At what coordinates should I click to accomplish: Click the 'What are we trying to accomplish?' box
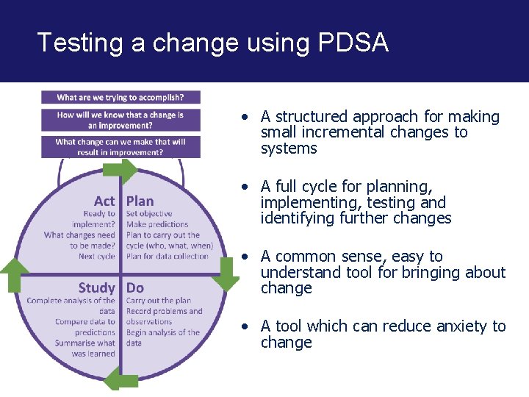[120, 97]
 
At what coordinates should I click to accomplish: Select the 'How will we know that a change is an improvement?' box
[120, 120]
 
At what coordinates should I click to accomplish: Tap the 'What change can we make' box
[120, 147]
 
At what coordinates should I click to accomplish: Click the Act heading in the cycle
[104, 201]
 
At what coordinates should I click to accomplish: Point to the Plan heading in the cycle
[140, 201]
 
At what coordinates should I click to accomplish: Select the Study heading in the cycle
[97, 287]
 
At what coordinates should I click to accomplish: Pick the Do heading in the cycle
[135, 287]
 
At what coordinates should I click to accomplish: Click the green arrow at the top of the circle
[119, 171]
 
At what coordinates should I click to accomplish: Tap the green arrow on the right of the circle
[226, 273]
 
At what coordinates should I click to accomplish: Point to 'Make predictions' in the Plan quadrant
[157, 224]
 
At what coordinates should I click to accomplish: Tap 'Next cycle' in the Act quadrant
[97, 257]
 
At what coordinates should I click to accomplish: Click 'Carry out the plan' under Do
[159, 300]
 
